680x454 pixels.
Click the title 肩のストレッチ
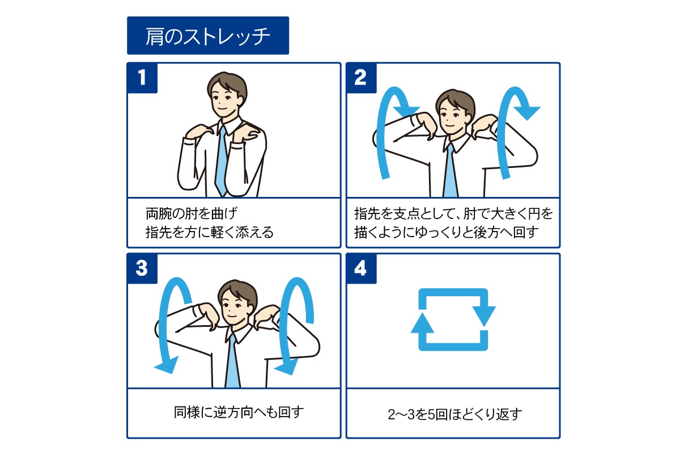tap(208, 36)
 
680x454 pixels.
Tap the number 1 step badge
tap(142, 78)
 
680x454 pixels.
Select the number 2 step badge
tap(361, 78)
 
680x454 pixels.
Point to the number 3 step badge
tap(142, 268)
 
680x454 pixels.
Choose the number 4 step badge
tap(361, 268)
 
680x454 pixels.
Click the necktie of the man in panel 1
tap(222, 161)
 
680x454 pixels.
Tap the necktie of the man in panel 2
tap(450, 170)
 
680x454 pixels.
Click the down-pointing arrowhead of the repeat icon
tap(484, 316)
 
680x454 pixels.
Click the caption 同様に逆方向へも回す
tap(239, 413)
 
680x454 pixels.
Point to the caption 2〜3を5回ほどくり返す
tap(455, 414)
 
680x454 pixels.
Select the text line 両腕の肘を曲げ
tap(192, 213)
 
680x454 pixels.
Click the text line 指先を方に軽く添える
tap(210, 232)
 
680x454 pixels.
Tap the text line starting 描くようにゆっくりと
tap(447, 232)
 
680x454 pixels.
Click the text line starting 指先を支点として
tap(453, 213)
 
